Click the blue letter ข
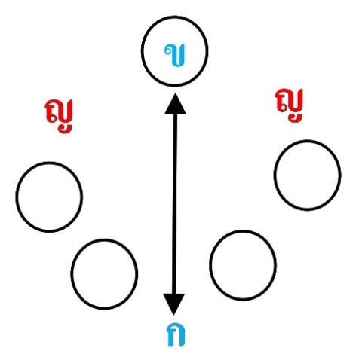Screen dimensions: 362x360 click(176, 55)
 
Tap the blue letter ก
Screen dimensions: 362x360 click(176, 334)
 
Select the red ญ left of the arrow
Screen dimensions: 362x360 click(60, 117)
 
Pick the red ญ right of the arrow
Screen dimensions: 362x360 click(290, 105)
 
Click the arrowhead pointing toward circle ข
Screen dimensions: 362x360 click(175, 104)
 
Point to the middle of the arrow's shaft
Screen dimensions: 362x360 click(174, 204)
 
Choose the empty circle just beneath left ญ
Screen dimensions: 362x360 click(49, 163)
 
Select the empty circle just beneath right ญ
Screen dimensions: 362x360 click(307, 141)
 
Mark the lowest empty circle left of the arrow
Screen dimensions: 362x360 click(104, 239)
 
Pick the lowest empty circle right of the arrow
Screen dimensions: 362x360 click(243, 230)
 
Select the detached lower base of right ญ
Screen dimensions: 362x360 click(295, 117)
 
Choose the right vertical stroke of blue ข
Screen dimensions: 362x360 click(183, 55)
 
